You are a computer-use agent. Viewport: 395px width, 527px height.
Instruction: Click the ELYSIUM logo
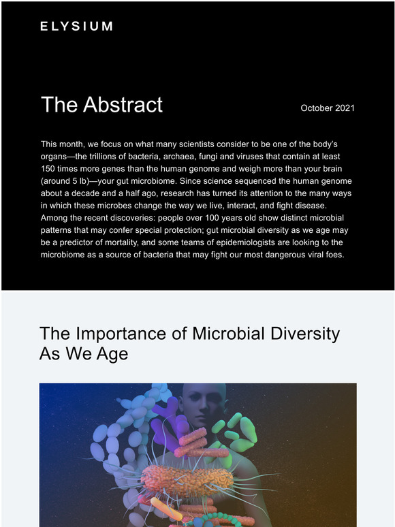coord(76,27)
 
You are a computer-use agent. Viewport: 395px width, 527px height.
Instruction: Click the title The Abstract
coord(101,105)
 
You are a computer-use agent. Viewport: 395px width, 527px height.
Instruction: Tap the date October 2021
coord(328,108)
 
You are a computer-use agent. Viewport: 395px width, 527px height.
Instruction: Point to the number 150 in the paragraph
coord(48,169)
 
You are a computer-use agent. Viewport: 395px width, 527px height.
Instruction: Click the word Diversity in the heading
coord(305,334)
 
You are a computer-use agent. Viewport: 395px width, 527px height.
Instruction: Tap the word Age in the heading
coord(112,354)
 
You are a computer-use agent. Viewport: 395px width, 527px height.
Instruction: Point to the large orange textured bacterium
coord(187,476)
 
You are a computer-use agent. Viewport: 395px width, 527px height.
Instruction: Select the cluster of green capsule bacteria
coord(236,432)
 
